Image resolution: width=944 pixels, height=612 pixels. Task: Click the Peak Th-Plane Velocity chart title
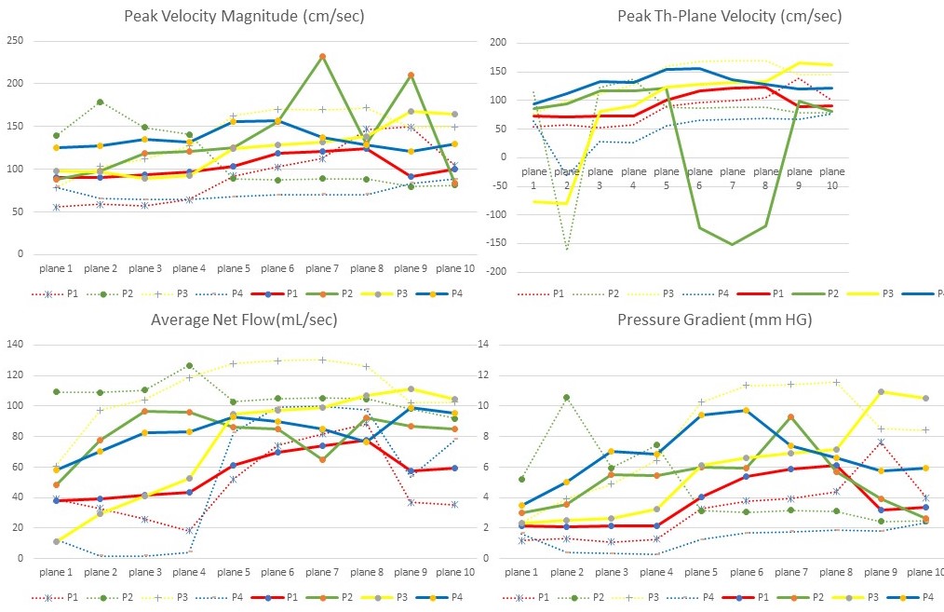729,16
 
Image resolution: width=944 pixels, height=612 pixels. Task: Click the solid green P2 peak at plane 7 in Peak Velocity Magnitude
322,57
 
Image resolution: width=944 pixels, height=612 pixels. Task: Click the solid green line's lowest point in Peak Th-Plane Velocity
733,244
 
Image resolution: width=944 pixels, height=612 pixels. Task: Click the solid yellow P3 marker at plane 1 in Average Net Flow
57,541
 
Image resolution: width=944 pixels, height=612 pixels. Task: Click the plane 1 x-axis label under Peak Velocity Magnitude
57,267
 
